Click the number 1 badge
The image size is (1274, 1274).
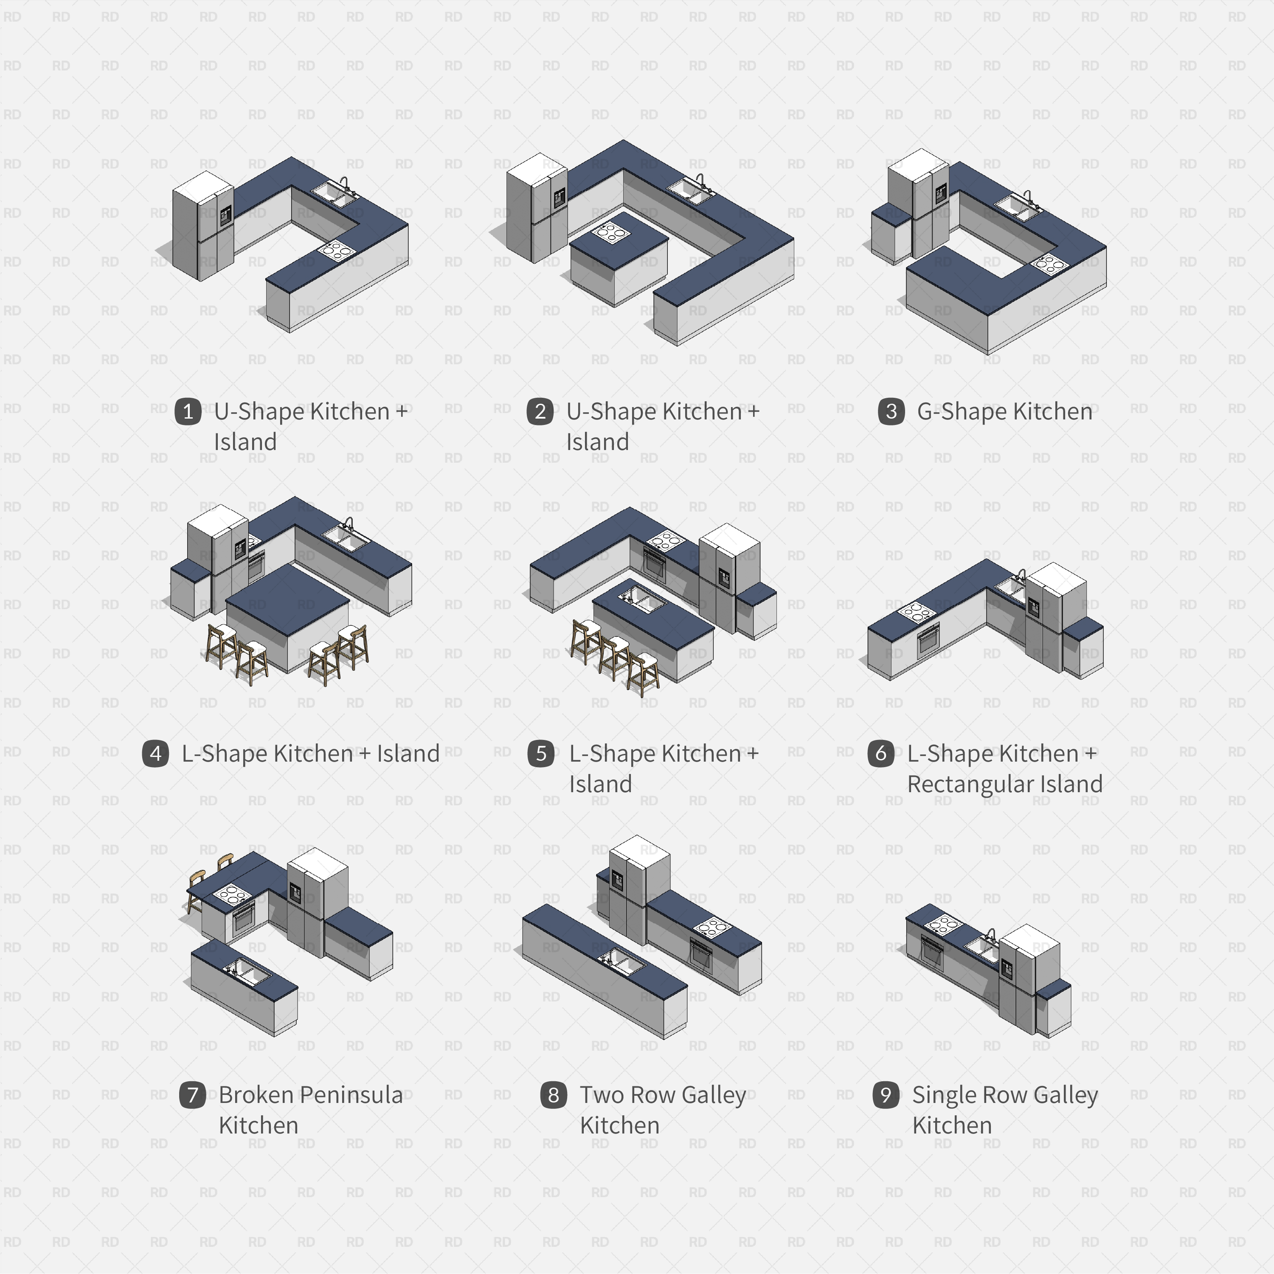pos(188,411)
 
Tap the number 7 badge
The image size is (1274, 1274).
pos(193,1094)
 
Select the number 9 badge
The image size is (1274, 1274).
pos(886,1094)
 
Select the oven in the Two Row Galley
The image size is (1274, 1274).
pos(700,954)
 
